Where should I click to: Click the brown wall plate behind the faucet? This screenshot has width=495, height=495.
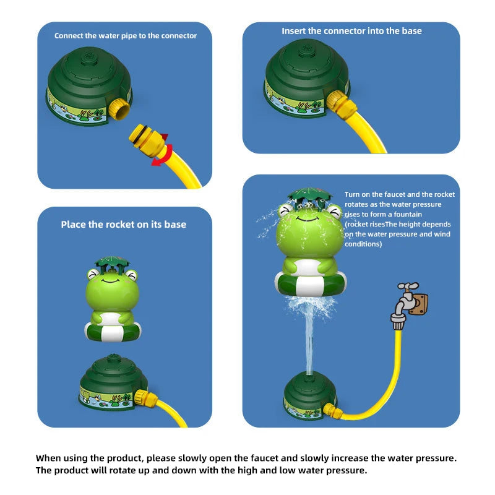419,304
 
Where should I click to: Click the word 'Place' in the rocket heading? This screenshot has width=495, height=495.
74,225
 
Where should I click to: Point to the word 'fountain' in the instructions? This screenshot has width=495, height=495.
408,214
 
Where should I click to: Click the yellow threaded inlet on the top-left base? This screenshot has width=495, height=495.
119,109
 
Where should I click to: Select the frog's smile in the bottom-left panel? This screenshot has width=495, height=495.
110,280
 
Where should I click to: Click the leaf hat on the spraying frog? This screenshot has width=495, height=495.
309,195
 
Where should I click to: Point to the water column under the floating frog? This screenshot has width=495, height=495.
309,341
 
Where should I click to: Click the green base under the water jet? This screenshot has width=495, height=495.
310,396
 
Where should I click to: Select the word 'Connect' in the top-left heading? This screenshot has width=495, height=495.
67,36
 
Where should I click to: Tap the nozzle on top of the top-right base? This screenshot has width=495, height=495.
306,49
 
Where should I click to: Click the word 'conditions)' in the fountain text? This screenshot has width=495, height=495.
363,244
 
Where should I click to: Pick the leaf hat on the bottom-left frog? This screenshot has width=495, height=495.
112,262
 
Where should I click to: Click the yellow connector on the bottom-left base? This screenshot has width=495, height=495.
145,398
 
